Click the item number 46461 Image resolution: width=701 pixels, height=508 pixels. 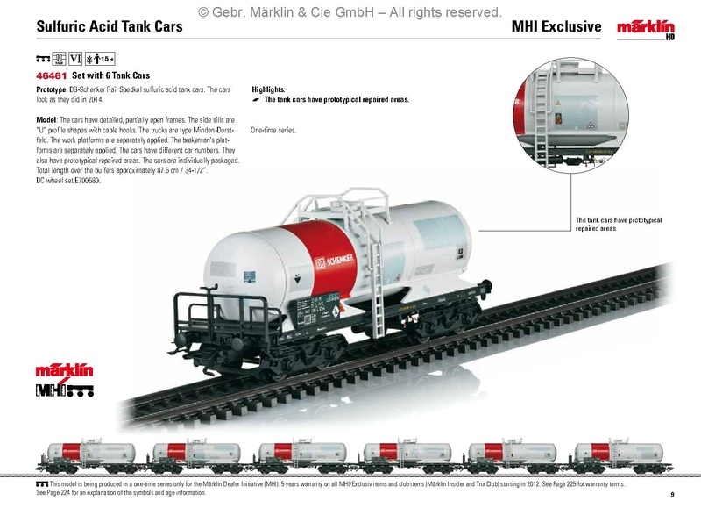52,75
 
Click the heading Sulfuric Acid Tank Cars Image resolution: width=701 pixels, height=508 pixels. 110,26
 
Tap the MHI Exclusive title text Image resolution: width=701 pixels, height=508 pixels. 556,26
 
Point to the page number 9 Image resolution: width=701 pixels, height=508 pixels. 672,495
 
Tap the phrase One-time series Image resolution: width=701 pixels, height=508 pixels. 273,130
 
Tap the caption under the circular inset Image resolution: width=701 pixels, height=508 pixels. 618,224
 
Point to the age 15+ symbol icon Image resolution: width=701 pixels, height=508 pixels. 104,59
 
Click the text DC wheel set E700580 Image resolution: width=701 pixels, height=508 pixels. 68,180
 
